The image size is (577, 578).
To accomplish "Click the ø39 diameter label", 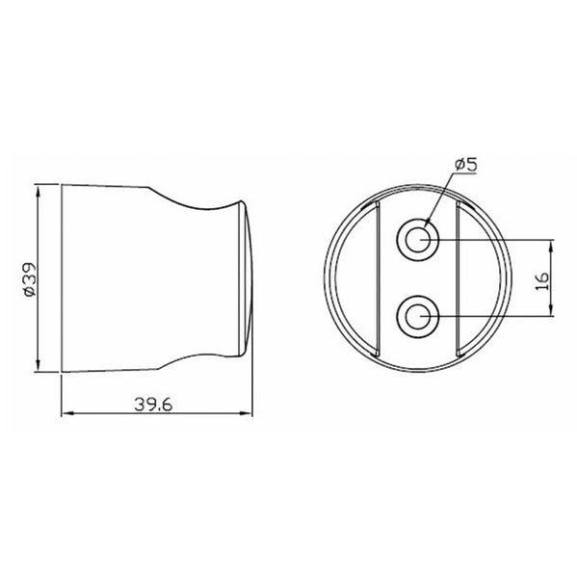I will pos(28,279).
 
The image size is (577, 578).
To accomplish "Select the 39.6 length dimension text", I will pos(152,404).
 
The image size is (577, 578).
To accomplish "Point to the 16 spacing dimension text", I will pos(541,279).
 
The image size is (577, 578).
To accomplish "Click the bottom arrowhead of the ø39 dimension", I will pos(39,366).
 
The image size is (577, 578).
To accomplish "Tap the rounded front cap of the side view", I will pos(248,277).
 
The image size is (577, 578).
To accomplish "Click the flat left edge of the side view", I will pos(62,277).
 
